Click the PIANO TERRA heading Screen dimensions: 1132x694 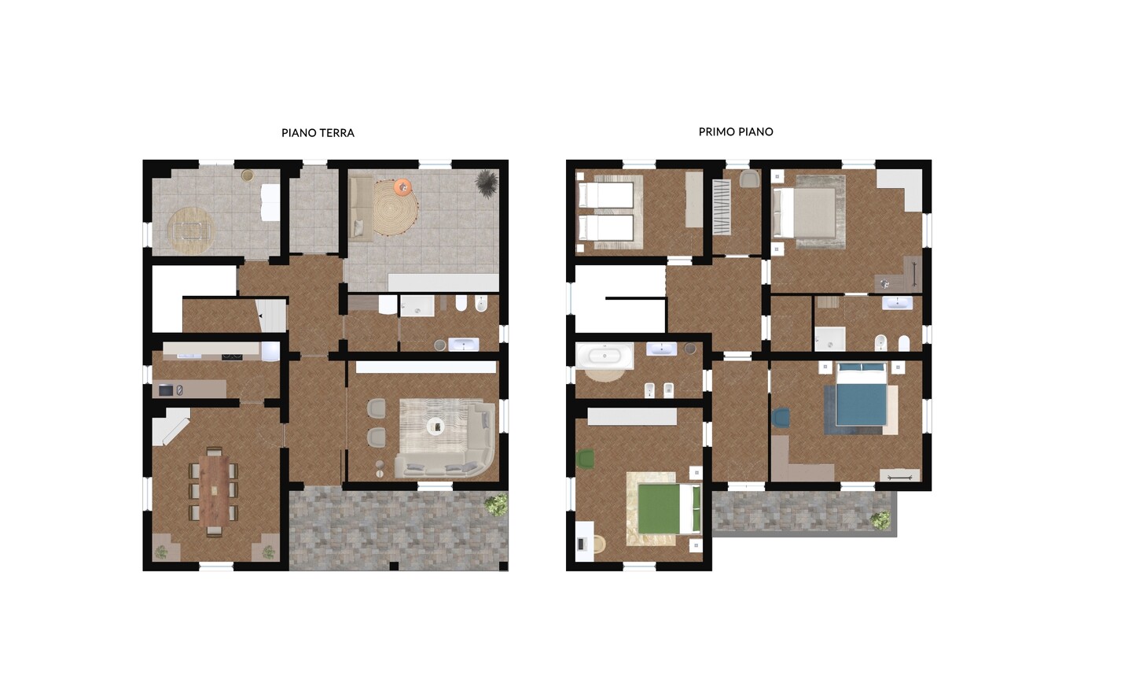click(x=318, y=133)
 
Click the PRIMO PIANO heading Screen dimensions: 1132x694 click(x=736, y=132)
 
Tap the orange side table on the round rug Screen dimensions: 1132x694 click(x=402, y=186)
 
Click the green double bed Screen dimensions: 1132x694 click(x=668, y=509)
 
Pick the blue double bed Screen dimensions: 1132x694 click(x=862, y=393)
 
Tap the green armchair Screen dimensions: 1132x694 click(x=585, y=459)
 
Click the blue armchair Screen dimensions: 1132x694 click(x=781, y=418)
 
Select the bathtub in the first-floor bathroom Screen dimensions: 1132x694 click(x=605, y=356)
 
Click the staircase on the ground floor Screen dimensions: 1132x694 click(x=271, y=316)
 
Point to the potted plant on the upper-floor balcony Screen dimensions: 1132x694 click(x=880, y=521)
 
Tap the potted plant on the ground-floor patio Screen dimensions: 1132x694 click(x=496, y=506)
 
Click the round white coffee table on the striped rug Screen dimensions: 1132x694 click(x=436, y=426)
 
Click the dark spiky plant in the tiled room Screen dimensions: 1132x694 click(x=487, y=182)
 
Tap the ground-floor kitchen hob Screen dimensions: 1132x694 click(x=232, y=357)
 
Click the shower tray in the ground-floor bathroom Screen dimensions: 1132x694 click(x=417, y=306)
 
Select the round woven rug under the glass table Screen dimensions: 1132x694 click(x=192, y=231)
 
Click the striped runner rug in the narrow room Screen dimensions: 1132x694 click(x=722, y=208)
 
